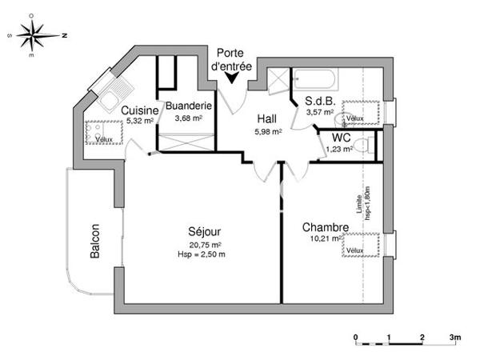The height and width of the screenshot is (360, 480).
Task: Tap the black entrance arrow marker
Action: tap(233, 78)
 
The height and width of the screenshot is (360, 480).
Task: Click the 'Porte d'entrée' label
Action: tap(233, 60)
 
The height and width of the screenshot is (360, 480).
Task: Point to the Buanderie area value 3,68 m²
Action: tap(188, 118)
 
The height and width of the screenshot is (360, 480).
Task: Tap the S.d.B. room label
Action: tap(319, 101)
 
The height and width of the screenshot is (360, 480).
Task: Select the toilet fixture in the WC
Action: tap(364, 146)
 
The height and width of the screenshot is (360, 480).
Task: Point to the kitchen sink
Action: tap(110, 98)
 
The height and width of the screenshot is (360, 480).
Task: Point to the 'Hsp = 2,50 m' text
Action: tap(201, 254)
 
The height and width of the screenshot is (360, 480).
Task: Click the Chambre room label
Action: tap(325, 228)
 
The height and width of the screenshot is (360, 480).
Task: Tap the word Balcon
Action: tap(95, 240)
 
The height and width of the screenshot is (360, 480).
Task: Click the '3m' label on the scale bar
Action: tap(455, 338)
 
